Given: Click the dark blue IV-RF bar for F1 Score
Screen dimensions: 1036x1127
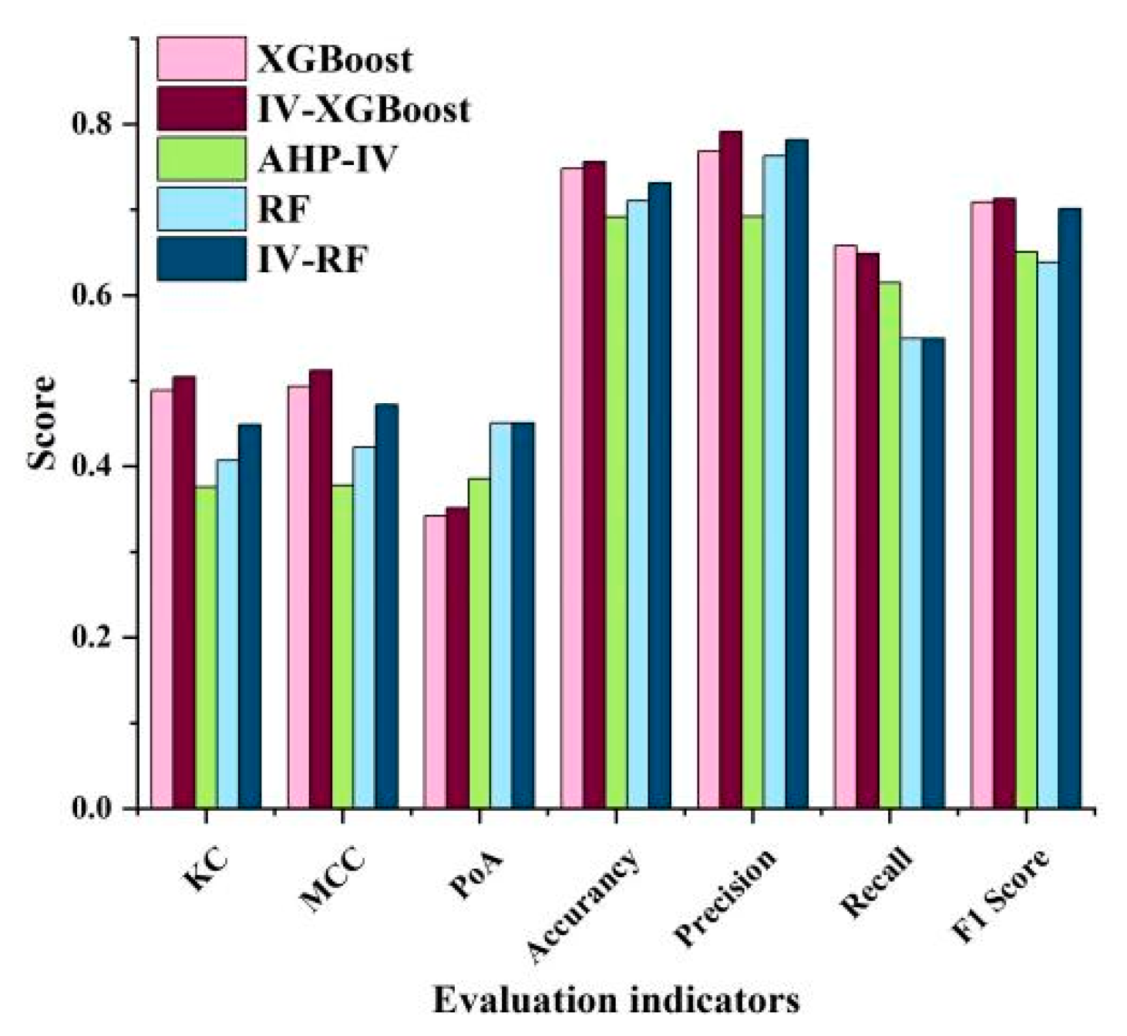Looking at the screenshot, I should click(1069, 509).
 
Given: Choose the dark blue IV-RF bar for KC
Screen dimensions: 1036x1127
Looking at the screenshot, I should click(249, 616).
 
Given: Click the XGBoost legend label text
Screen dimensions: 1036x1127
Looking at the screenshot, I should click(335, 59).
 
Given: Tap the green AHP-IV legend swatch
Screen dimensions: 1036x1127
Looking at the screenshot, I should click(202, 159).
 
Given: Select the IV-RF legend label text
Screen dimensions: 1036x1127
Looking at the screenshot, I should click(312, 260).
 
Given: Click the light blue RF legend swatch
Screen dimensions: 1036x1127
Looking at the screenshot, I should click(202, 209).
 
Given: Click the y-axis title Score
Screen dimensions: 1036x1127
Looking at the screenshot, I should click(42, 422).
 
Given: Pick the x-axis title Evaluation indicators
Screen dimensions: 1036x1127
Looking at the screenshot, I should click(616, 1001).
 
